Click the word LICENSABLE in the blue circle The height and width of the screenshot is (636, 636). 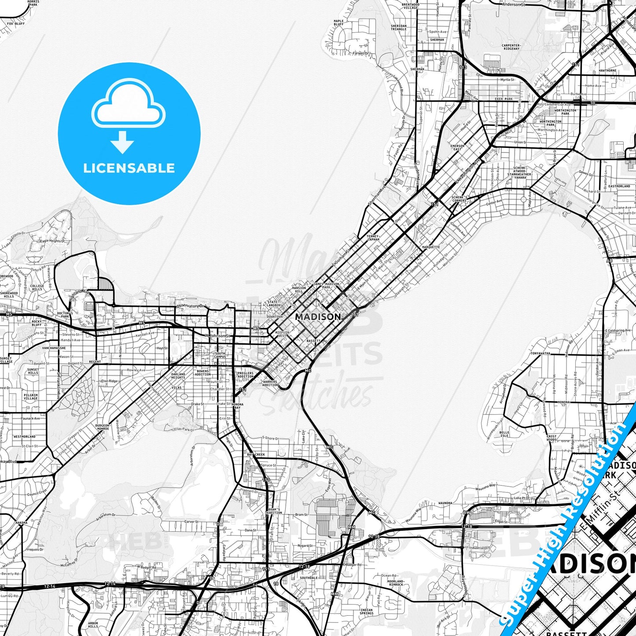(129, 168)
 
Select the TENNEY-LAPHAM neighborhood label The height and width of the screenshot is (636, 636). (373, 238)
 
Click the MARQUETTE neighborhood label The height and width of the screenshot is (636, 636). (430, 247)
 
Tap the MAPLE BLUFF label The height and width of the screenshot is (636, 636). (338, 22)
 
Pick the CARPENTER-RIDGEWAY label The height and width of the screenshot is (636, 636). (511, 47)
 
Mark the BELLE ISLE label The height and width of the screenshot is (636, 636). (504, 434)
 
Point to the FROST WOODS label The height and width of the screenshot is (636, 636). (551, 438)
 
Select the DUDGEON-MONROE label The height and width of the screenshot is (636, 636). (102, 426)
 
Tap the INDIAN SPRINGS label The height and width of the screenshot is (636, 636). (366, 612)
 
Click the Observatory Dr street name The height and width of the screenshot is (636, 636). (191, 305)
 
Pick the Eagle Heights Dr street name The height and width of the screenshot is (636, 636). (55, 241)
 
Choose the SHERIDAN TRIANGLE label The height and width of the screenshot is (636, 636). (398, 27)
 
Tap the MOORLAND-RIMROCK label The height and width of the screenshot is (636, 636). (395, 583)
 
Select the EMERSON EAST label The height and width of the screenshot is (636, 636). (457, 148)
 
